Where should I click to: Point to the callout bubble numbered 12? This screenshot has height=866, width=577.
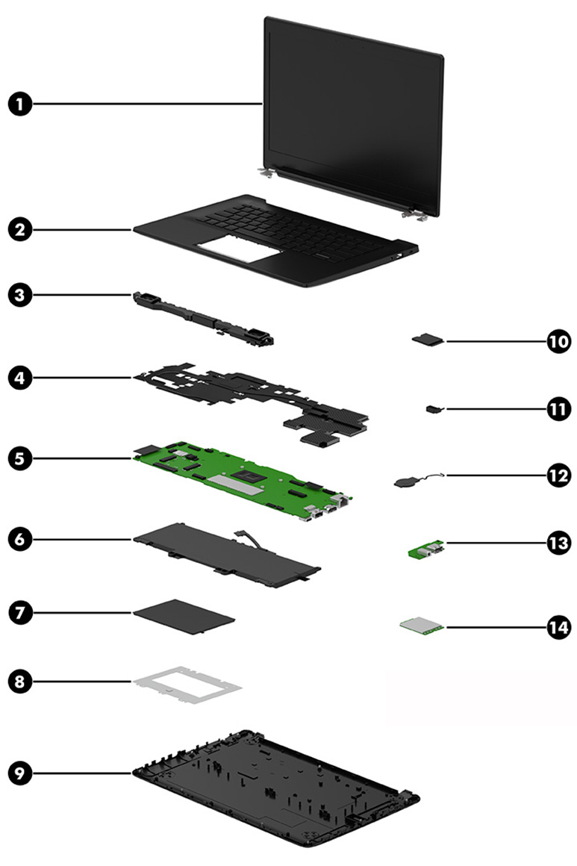557,475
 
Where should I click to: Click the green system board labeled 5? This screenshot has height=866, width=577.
239,482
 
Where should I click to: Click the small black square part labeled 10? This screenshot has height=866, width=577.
428,340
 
